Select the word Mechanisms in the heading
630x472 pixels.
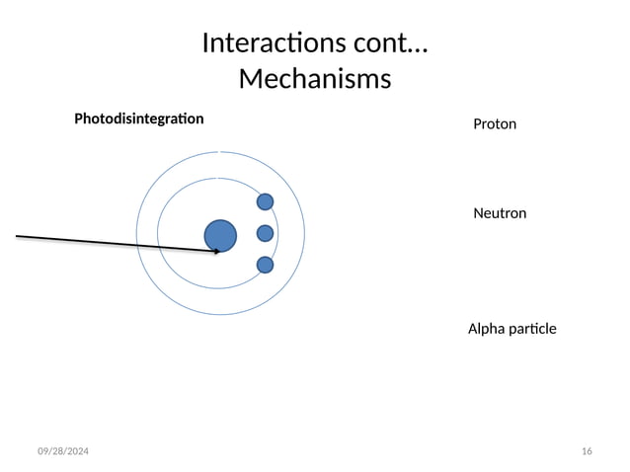pos(314,78)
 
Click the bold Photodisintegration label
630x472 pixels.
pos(139,118)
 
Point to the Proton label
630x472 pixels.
pos(495,124)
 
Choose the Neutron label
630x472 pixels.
pos(500,213)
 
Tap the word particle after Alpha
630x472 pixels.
pos(534,328)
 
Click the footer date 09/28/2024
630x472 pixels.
pos(62,451)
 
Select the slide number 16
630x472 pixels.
pos(588,451)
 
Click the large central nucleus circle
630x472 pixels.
pos(220,235)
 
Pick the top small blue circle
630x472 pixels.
pos(265,201)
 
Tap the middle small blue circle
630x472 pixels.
pos(265,233)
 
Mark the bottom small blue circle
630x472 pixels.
pos(265,265)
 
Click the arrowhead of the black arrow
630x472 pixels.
pos(217,252)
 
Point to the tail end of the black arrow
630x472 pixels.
pos(17,236)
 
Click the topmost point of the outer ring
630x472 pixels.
pos(220,151)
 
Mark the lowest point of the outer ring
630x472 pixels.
pos(220,315)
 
